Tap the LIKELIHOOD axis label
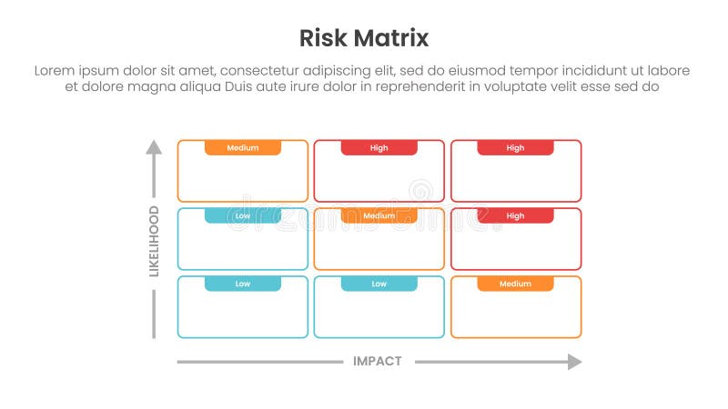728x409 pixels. coord(154,241)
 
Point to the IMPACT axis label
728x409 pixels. coord(377,362)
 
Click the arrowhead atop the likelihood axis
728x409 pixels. coord(154,146)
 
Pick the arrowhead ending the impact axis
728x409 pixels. coord(574,362)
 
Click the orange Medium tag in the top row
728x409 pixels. coord(243,147)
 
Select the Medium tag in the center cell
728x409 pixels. coord(379,215)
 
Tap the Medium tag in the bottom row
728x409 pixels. coord(515,284)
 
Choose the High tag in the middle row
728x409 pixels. coord(515,215)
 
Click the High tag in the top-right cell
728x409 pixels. coord(515,147)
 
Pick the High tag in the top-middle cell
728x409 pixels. coord(379,147)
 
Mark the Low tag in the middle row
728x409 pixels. coord(243,215)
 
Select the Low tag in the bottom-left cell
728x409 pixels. coord(243,284)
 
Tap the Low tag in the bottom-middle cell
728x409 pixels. coord(379,284)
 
